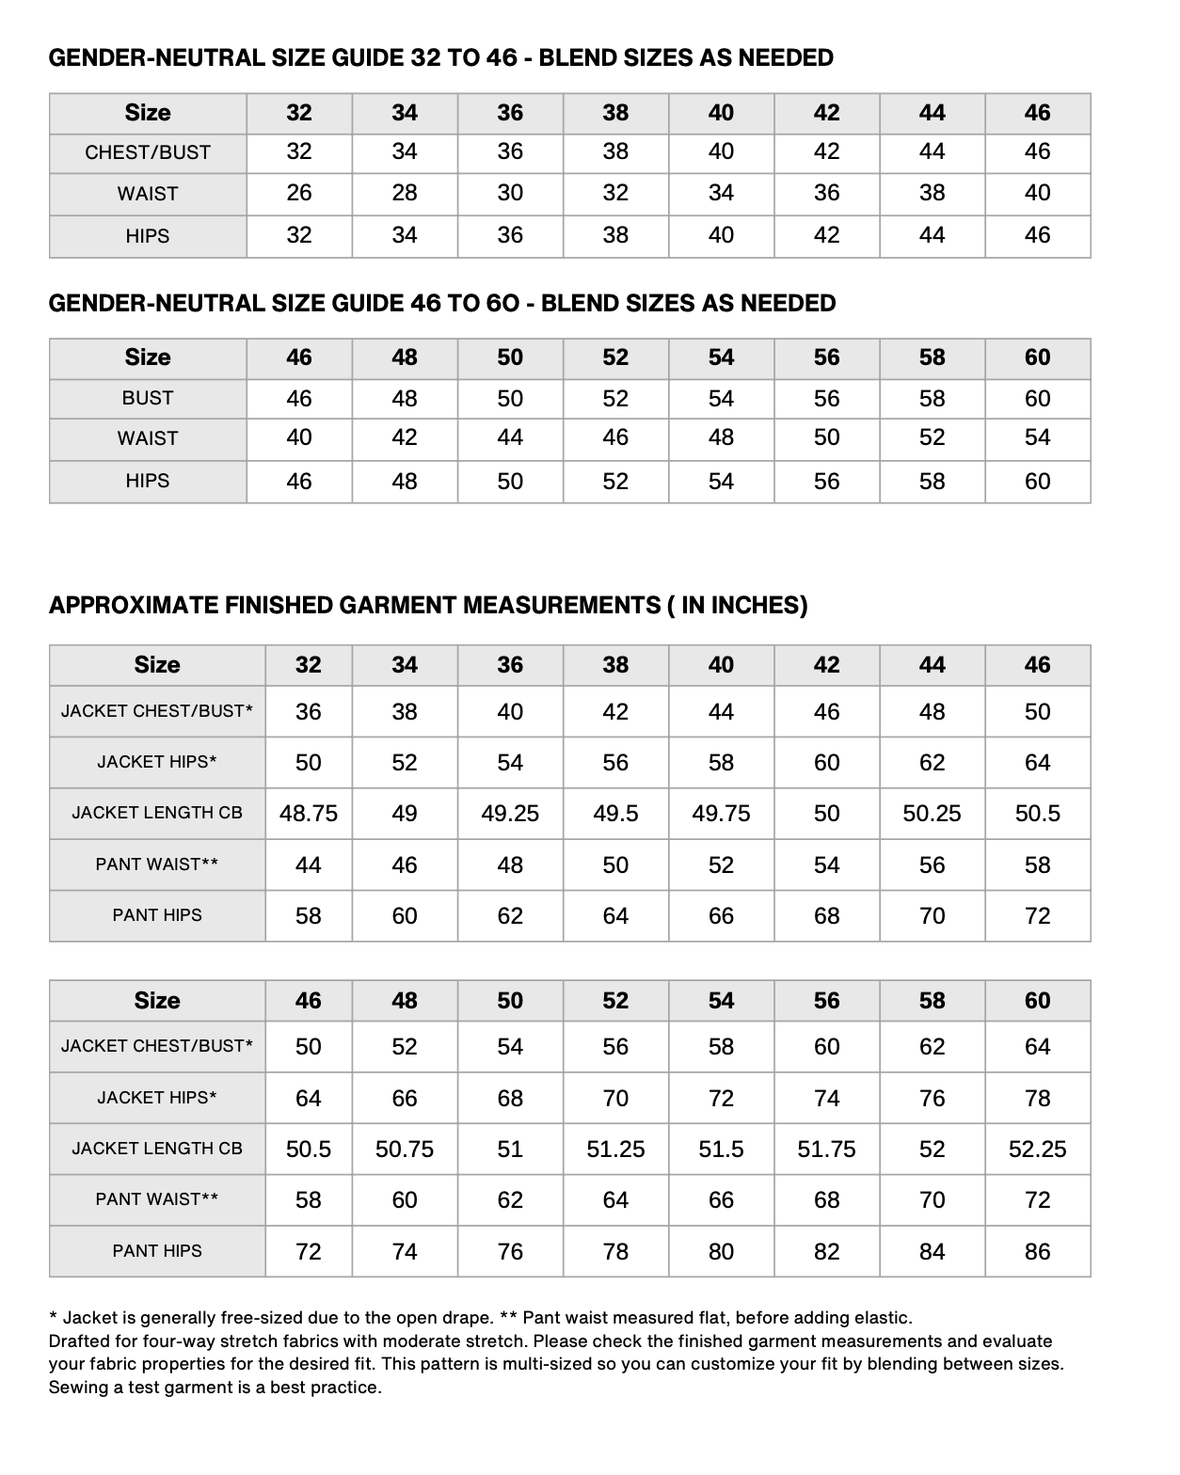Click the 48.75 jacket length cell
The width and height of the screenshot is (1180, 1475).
(309, 814)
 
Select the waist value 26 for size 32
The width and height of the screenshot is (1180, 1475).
(299, 194)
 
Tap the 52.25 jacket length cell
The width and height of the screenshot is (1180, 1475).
(1037, 1150)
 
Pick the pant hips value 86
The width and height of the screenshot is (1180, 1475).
(1037, 1252)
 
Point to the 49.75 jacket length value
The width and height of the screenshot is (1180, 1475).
(721, 814)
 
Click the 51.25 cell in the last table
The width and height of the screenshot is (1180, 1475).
(615, 1150)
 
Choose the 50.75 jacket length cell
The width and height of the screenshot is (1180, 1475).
(405, 1150)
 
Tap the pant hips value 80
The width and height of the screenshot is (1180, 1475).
(721, 1252)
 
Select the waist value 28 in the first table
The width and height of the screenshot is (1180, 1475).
(405, 194)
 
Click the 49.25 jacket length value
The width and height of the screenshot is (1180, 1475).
(510, 814)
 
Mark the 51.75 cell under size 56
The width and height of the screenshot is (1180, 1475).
(826, 1150)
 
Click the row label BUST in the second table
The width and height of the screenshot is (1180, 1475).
(148, 399)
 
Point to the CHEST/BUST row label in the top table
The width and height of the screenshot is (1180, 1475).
(148, 152)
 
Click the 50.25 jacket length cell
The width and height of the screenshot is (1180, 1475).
(932, 814)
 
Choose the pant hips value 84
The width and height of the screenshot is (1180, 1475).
(932, 1252)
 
